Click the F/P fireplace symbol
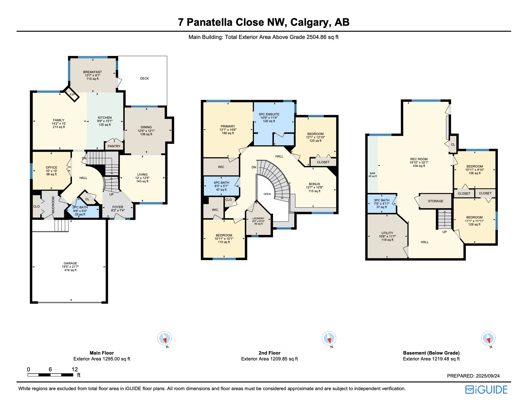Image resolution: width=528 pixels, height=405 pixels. tap(72, 95)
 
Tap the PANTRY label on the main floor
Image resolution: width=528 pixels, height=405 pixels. tap(114, 146)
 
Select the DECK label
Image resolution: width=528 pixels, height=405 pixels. tap(144, 78)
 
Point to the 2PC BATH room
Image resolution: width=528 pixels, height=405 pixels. tap(80, 211)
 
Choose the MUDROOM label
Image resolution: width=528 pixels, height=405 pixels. tap(53, 204)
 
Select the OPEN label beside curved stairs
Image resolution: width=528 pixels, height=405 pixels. tap(267, 194)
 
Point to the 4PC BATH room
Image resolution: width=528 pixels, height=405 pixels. tap(221, 186)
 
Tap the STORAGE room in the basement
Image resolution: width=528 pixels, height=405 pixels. tap(436, 201)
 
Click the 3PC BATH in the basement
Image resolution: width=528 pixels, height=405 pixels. tap(381, 204)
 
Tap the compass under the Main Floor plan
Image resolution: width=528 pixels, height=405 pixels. tap(165, 338)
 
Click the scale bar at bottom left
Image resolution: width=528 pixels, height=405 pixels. tap(50, 375)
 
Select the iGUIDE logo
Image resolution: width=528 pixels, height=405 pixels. tap(486, 390)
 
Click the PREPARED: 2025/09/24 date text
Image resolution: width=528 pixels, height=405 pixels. tap(473, 376)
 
